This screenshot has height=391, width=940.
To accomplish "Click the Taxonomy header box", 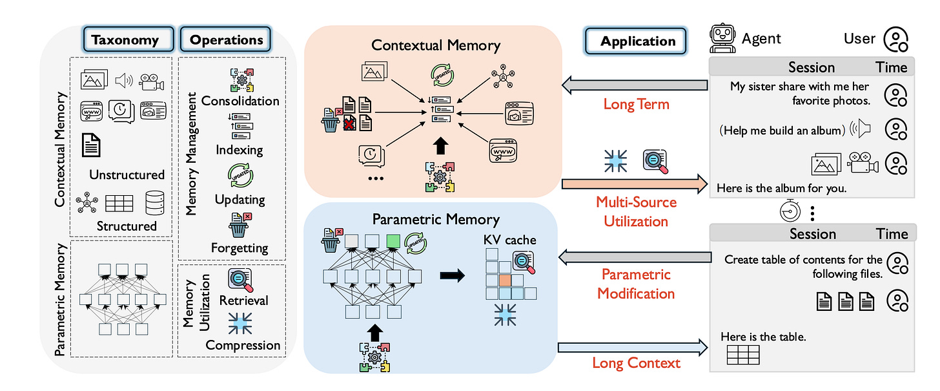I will tap(125, 40).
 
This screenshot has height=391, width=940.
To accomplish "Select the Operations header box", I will tap(226, 40).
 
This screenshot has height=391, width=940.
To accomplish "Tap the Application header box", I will tap(638, 41).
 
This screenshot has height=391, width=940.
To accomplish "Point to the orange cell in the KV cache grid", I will tap(504, 280).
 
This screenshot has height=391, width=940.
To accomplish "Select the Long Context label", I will tap(636, 363).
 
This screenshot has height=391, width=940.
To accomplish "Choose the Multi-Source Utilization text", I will tap(636, 212).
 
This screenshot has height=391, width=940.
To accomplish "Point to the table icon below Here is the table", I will tap(742, 355).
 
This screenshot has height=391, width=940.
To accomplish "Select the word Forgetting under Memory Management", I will tap(239, 248).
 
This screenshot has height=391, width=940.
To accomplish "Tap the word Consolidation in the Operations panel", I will tap(240, 101).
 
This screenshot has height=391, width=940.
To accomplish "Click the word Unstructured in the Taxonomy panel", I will tap(127, 174).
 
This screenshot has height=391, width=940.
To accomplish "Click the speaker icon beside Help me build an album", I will tap(861, 129).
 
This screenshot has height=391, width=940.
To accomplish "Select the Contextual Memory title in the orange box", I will tap(435, 45).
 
